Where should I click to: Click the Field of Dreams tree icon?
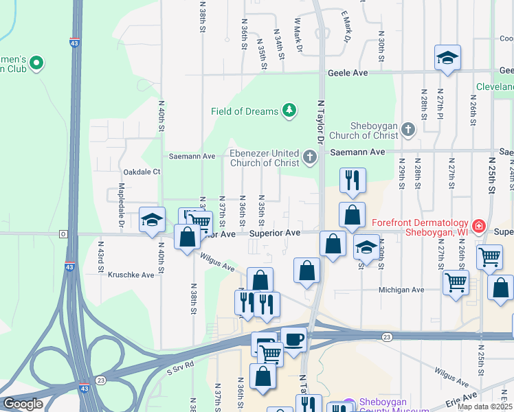(x=290, y=111)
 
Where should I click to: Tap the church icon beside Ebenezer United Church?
(x=310, y=159)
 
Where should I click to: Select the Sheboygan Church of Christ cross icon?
(x=408, y=129)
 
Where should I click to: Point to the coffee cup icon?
(x=294, y=339)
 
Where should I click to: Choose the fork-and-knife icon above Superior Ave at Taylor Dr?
(x=352, y=180)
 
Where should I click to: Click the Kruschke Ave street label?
(x=131, y=275)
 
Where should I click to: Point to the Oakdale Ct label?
(x=141, y=172)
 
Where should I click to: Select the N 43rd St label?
(x=100, y=254)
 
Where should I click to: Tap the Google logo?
(x=23, y=404)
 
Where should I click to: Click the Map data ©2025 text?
(x=484, y=407)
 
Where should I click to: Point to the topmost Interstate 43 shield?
(x=74, y=43)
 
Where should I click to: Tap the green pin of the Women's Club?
(x=36, y=65)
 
